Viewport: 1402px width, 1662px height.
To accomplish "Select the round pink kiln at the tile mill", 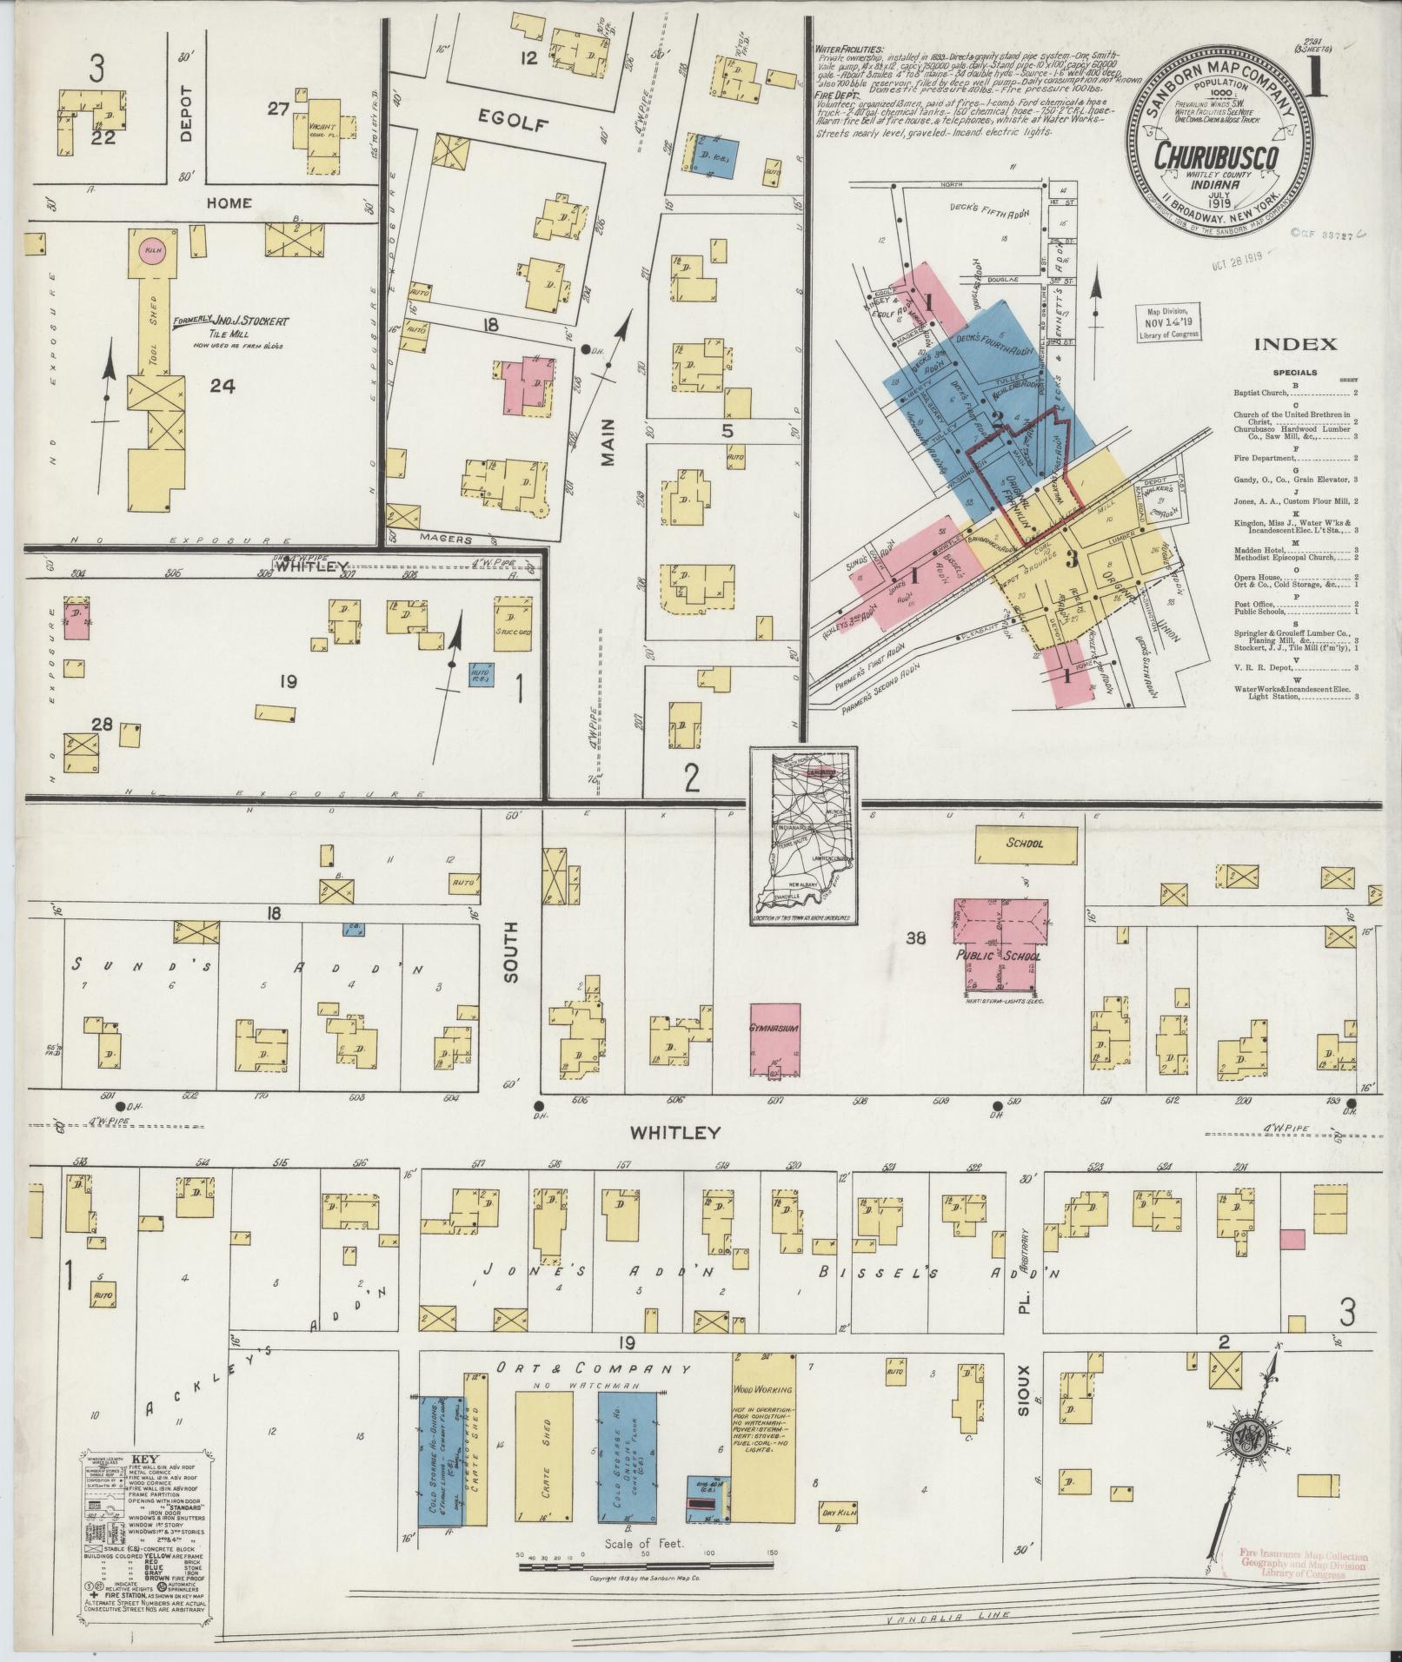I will [x=153, y=249].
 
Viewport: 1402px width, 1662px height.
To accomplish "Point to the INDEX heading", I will [x=1294, y=345].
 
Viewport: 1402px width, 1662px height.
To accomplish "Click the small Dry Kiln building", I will [x=841, y=1513].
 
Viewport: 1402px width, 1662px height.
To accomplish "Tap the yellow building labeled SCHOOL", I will [x=1026, y=844].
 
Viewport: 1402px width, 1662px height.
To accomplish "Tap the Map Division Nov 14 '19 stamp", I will [x=1167, y=321].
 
